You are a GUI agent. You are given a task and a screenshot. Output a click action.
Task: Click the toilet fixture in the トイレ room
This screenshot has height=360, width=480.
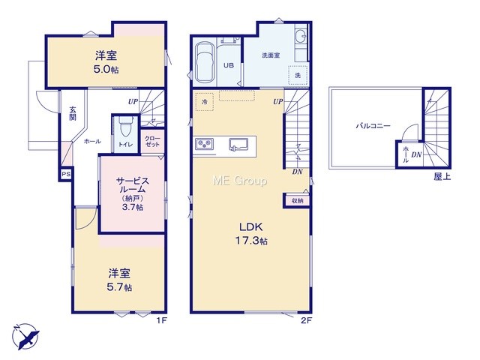tap(124, 127)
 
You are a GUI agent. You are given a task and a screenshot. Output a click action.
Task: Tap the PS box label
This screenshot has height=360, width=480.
tap(66, 174)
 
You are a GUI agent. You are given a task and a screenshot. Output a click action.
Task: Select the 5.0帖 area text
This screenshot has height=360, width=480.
tap(106, 70)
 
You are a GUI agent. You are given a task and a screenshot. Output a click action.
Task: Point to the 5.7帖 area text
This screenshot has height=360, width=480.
tap(119, 287)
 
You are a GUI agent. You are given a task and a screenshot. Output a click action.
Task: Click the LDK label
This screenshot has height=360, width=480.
tap(250, 226)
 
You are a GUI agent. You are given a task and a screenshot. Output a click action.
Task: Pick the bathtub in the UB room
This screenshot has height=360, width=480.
tap(205, 62)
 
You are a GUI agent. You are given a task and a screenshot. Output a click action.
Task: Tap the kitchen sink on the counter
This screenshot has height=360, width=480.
tap(238, 144)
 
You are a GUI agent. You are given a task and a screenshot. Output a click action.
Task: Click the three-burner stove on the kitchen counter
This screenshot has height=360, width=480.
tap(205, 143)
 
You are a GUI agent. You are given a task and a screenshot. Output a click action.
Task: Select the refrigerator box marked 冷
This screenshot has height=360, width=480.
tap(204, 101)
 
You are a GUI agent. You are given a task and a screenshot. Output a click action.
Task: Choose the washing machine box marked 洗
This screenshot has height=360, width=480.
tap(298, 75)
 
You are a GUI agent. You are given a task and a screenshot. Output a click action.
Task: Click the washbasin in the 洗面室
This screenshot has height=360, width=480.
tap(301, 36)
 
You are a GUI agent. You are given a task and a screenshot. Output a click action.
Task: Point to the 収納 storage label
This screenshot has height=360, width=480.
tap(297, 201)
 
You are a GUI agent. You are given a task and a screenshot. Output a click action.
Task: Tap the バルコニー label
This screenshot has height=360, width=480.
tap(373, 125)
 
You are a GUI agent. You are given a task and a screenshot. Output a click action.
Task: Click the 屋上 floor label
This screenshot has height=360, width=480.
tap(442, 176)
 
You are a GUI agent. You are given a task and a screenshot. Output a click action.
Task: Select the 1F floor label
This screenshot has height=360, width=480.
tap(162, 320)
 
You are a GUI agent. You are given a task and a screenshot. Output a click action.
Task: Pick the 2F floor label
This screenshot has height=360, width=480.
tap(307, 320)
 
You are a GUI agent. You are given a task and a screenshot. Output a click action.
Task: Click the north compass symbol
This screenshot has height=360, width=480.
tap(25, 336)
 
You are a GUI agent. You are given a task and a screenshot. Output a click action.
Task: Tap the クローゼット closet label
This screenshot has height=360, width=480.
tap(152, 142)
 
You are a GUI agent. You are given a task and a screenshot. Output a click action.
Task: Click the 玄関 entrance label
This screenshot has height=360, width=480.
tap(73, 113)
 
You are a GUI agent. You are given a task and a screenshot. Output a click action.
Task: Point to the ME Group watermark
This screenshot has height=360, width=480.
tap(240, 181)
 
